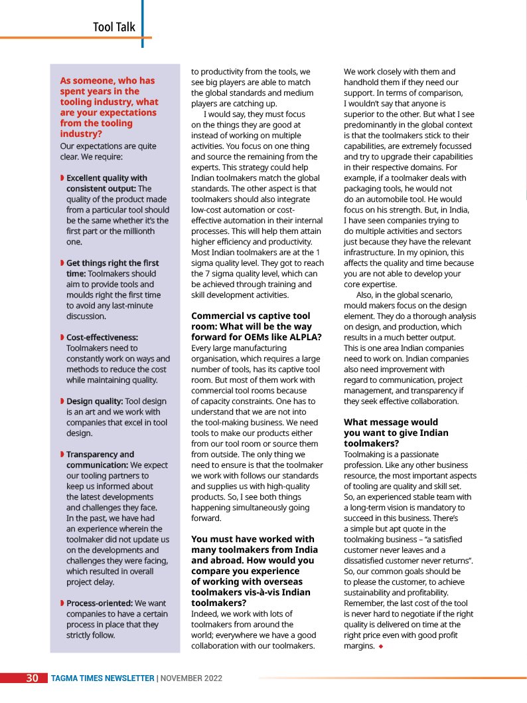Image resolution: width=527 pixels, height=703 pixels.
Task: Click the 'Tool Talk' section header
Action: click(x=113, y=27)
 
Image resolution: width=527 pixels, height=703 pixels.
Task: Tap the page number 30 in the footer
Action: click(x=32, y=678)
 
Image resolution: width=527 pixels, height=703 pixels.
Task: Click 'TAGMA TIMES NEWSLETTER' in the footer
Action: click(x=102, y=678)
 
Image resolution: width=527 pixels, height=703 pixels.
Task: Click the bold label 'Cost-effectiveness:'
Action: click(x=102, y=338)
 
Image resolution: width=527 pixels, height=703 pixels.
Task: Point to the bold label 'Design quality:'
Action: click(x=94, y=401)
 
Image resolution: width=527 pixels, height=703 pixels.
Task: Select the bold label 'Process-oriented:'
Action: click(x=99, y=603)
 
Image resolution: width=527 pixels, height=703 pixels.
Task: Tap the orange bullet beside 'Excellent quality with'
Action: click(x=62, y=178)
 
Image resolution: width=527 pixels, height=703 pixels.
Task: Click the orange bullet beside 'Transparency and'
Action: click(x=62, y=454)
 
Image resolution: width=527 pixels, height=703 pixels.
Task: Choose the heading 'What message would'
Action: click(x=390, y=423)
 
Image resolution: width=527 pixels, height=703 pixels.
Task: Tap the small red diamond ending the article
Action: click(x=381, y=647)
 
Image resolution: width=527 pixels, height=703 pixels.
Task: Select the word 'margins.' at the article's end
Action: click(x=359, y=646)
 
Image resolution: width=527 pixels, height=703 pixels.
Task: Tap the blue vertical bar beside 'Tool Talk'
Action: click(x=142, y=23)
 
